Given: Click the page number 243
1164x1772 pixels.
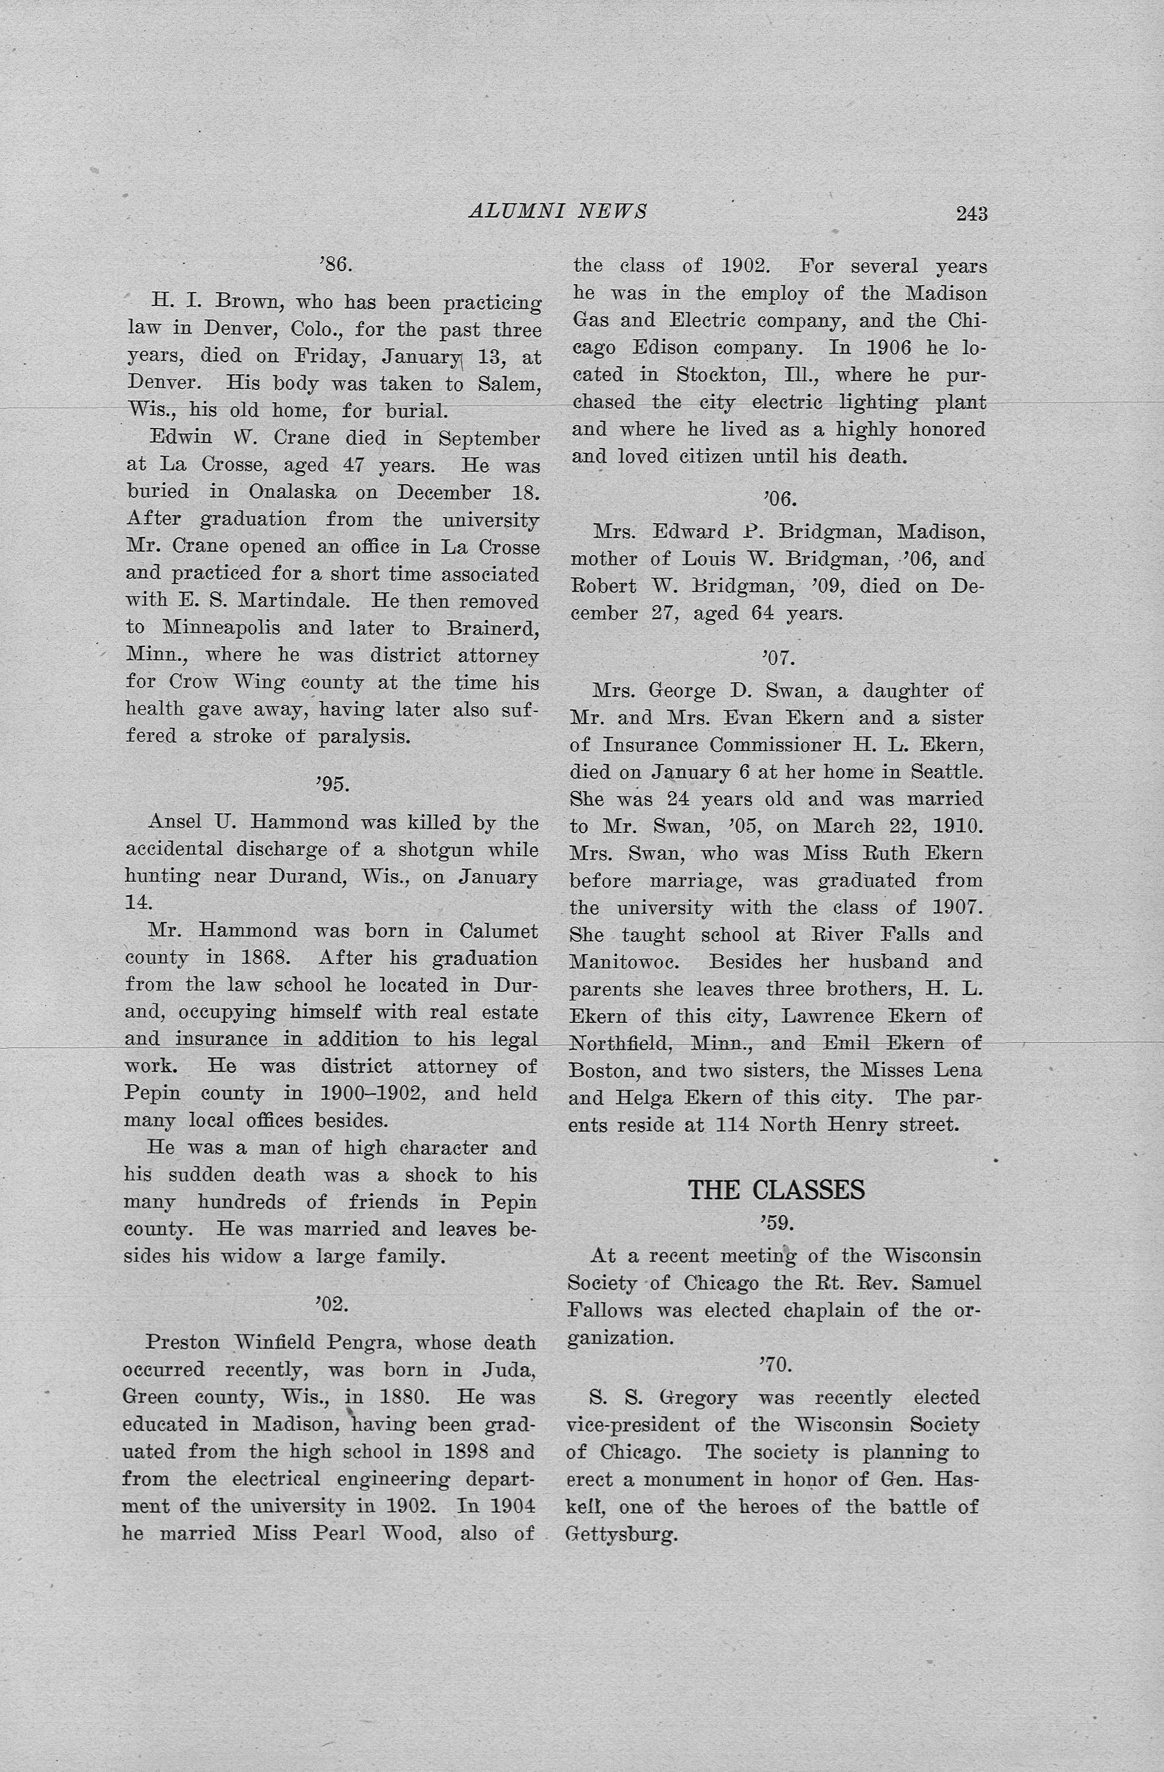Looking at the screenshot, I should [x=972, y=214].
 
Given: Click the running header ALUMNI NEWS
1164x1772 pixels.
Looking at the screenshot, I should [x=557, y=212].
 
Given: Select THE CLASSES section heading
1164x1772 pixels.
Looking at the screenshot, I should [x=776, y=1190].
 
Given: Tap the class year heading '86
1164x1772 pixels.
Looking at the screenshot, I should [x=334, y=265].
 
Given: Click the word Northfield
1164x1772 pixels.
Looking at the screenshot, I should [x=621, y=1044].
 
